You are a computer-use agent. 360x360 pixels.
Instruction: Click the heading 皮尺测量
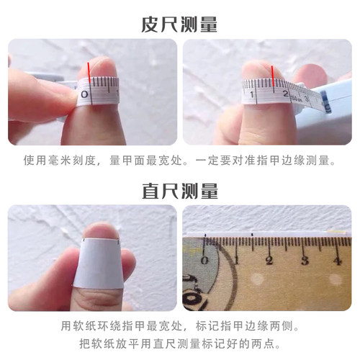click(179, 25)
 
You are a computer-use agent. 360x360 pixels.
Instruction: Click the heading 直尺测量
click(179, 192)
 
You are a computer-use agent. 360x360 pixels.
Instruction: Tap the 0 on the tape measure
click(85, 94)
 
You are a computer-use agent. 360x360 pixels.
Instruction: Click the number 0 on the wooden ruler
click(207, 260)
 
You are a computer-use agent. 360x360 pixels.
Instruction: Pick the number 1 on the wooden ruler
click(237, 260)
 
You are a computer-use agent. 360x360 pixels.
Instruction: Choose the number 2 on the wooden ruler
click(269, 260)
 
